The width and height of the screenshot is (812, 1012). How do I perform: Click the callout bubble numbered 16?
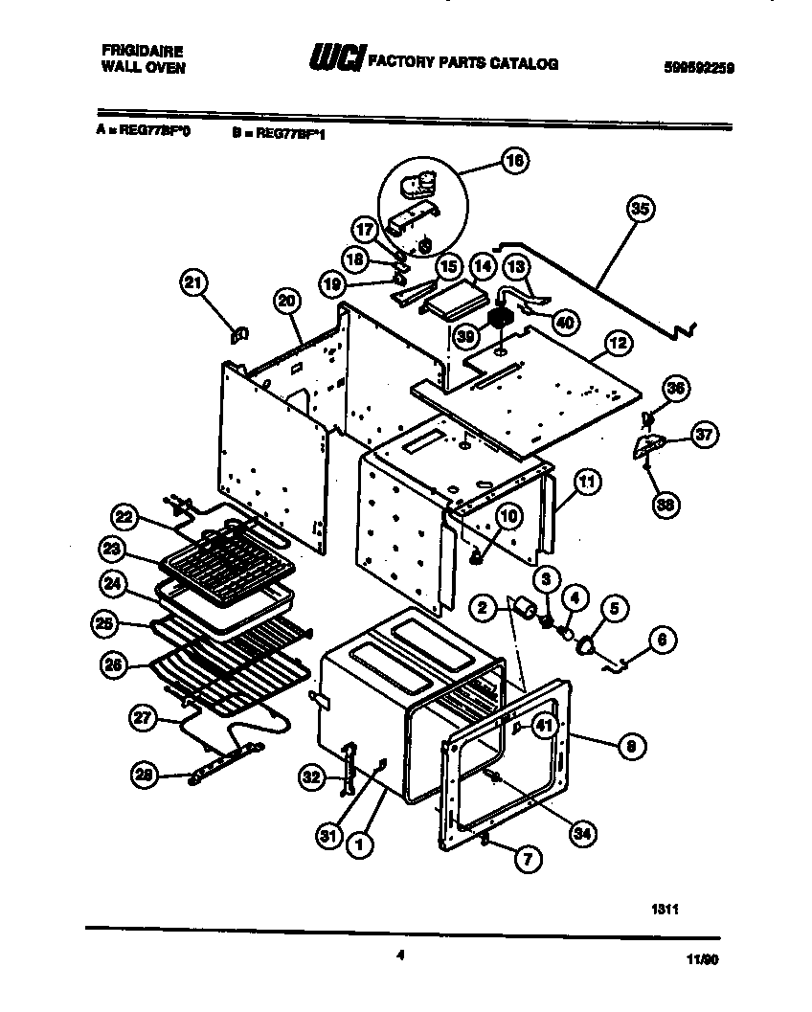[513, 162]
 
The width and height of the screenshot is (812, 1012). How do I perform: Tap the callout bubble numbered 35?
[642, 208]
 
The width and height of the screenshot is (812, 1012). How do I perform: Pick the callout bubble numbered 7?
[524, 860]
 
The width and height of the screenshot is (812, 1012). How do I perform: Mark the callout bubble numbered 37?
[705, 435]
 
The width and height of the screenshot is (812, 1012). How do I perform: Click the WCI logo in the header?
[335, 59]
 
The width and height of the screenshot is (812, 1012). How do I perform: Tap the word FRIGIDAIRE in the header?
[143, 50]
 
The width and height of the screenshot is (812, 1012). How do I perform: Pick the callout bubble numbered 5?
[613, 607]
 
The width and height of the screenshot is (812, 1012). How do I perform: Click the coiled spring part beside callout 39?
[499, 319]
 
